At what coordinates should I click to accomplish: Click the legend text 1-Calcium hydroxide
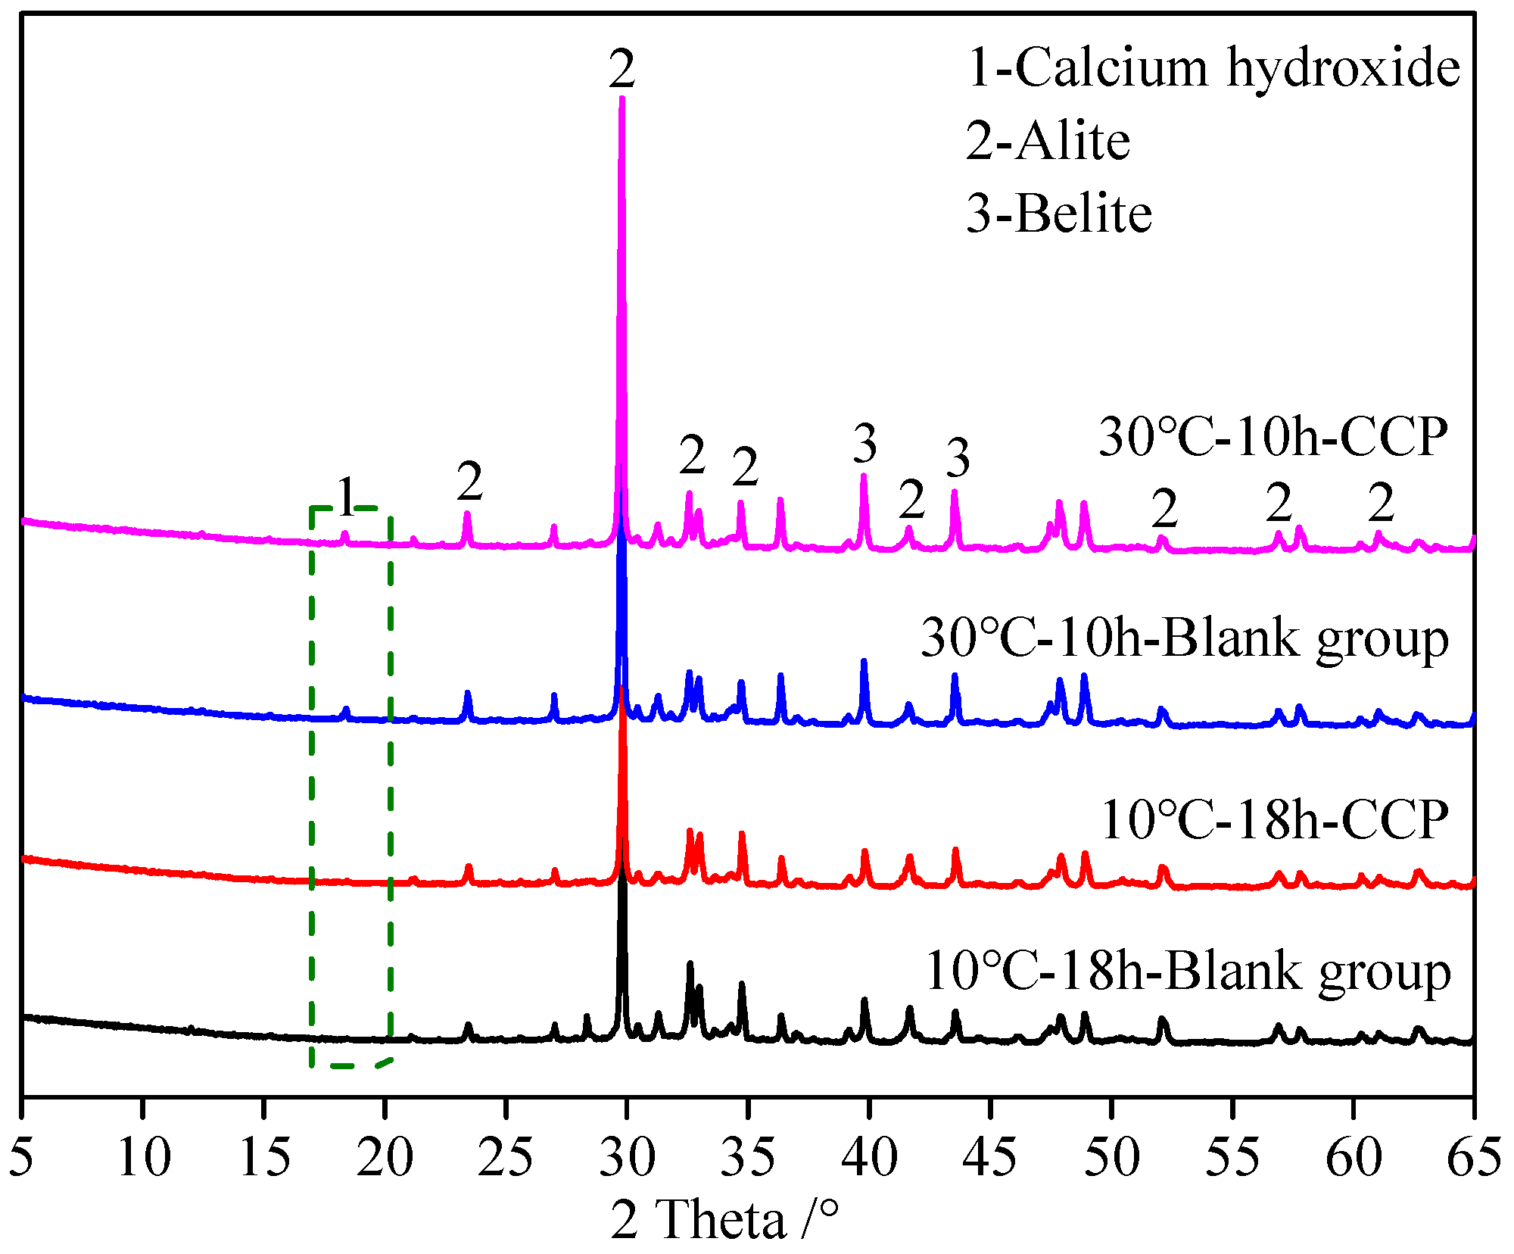[1213, 68]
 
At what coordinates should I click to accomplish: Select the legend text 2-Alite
[1048, 141]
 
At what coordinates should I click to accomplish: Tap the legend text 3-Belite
[1059, 214]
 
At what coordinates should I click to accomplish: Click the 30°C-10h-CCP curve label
[1273, 437]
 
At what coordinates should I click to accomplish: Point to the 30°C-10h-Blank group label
[1185, 638]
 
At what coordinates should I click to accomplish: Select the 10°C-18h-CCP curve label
[1275, 819]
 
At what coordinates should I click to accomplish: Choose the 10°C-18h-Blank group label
[1188, 972]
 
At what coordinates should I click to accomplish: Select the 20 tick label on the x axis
[385, 1157]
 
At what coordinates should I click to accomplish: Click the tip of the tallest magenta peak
[621, 98]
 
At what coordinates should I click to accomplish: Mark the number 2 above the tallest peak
[621, 70]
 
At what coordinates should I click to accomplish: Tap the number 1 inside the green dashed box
[346, 498]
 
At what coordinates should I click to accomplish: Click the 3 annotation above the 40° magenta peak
[864, 444]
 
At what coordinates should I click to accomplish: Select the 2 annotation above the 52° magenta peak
[1164, 508]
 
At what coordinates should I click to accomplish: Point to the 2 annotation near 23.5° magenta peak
[469, 482]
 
